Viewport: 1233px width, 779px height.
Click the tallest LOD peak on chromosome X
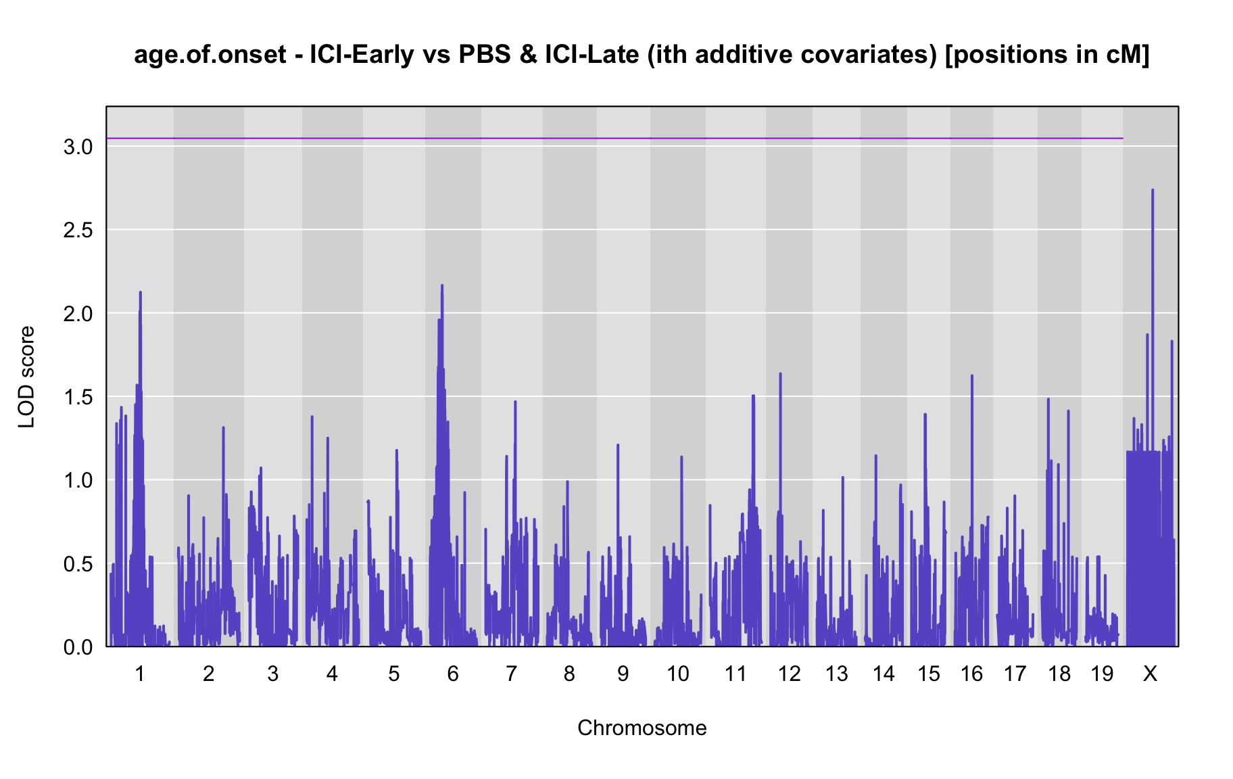tap(1153, 191)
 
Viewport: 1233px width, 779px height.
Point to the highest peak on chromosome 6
tap(442, 286)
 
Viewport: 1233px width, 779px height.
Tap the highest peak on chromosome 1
tap(140, 293)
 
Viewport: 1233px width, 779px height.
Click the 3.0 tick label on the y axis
tap(78, 147)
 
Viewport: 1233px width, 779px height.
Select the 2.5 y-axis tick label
tap(78, 230)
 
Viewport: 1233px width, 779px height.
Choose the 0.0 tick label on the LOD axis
tap(78, 647)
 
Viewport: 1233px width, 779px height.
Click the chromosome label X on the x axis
tap(1150, 674)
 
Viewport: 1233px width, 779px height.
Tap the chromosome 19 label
tap(1102, 674)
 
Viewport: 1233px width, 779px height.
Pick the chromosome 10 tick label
tap(678, 674)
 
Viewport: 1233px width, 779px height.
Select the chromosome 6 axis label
tap(453, 674)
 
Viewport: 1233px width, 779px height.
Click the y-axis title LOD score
tap(27, 377)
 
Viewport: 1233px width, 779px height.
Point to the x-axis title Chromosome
tap(642, 728)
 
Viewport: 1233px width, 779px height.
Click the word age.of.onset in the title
tap(211, 55)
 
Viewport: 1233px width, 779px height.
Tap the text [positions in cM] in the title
tap(1047, 55)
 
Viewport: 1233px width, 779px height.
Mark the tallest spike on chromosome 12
tap(780, 374)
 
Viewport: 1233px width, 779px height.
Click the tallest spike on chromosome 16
tap(972, 376)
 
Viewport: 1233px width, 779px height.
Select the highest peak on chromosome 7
tap(515, 402)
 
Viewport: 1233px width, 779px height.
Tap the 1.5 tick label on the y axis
tap(78, 397)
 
